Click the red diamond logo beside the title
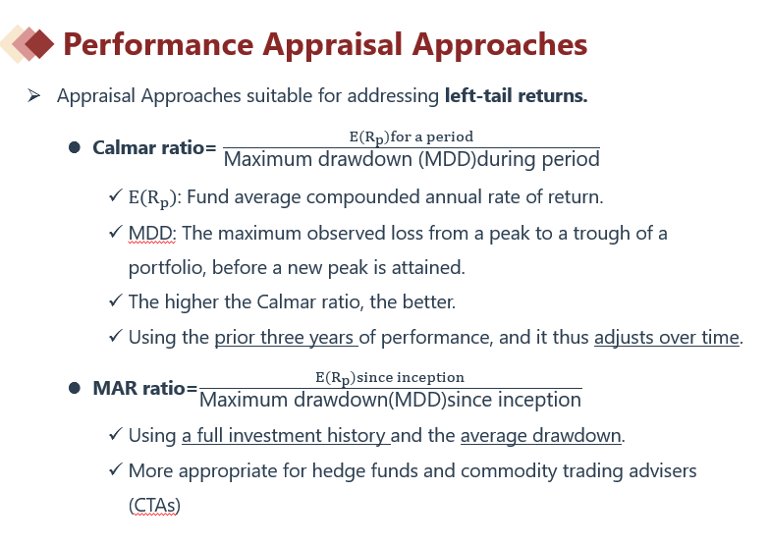pos(27,43)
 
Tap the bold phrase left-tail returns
pos(516,95)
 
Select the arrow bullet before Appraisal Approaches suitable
pos(33,95)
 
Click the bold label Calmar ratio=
pos(154,147)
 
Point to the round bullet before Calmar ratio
pos(75,147)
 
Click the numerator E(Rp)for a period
pos(411,136)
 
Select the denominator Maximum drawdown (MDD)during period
pos(412,159)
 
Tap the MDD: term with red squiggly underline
pos(152,234)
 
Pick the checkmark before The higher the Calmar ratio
pos(115,300)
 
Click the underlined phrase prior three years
pos(285,338)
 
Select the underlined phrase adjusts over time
pos(667,338)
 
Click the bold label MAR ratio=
pos(144,388)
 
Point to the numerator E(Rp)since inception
pos(389,378)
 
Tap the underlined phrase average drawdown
pos(540,436)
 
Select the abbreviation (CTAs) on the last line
pos(154,506)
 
